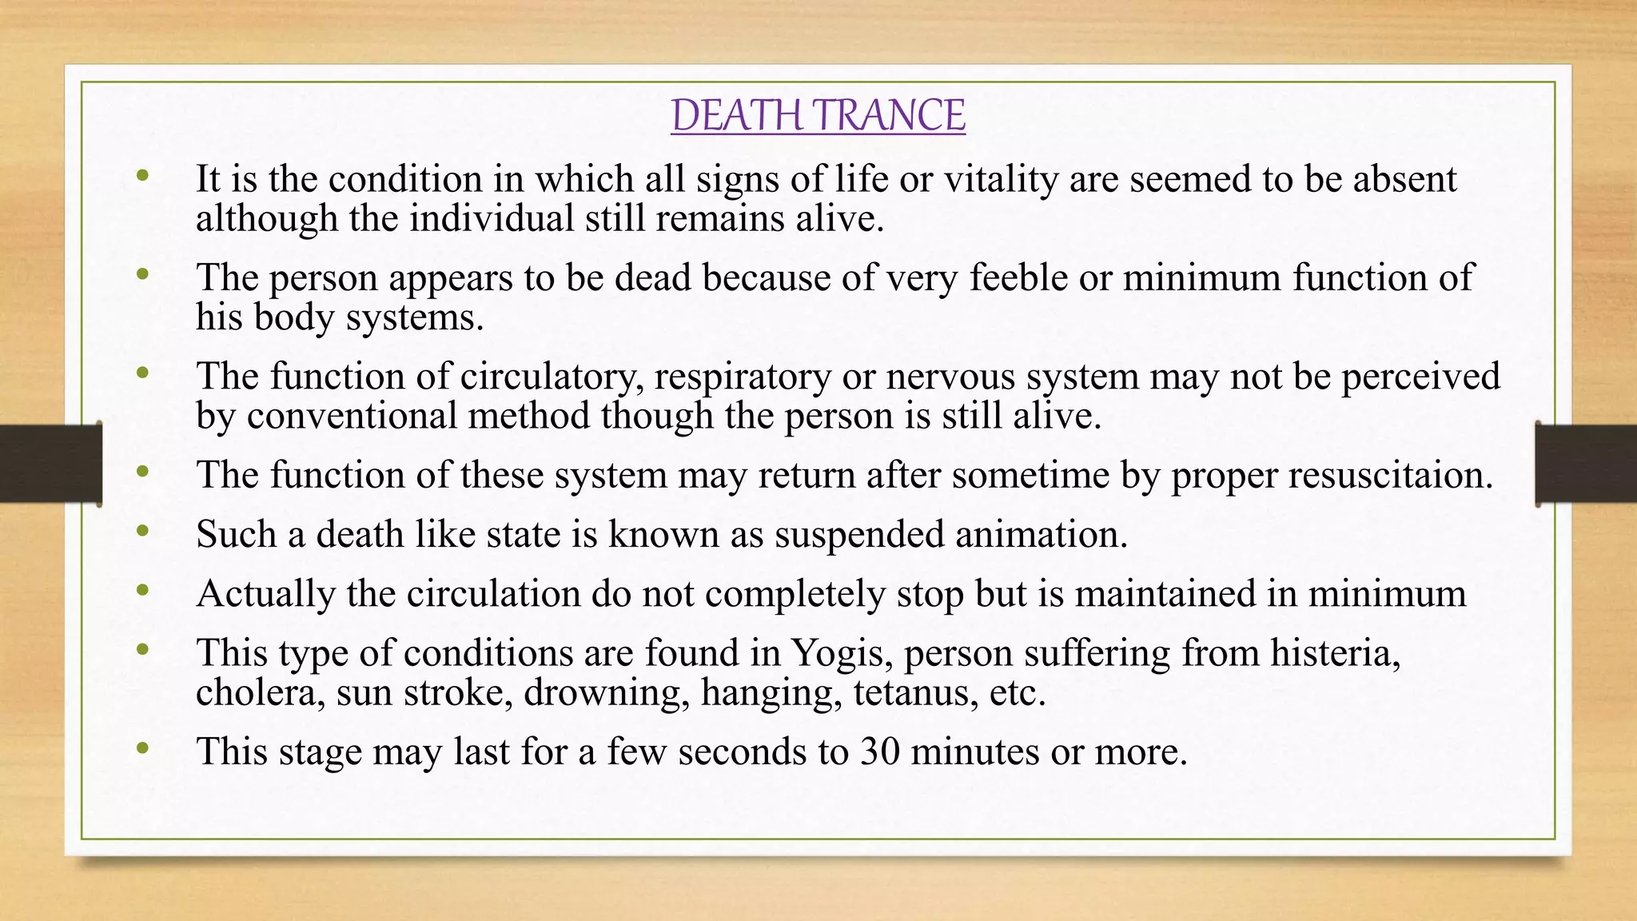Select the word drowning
coord(607,692)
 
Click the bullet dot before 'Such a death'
coord(143,531)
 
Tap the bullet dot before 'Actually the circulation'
coord(143,590)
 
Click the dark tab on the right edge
coord(1586,464)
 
